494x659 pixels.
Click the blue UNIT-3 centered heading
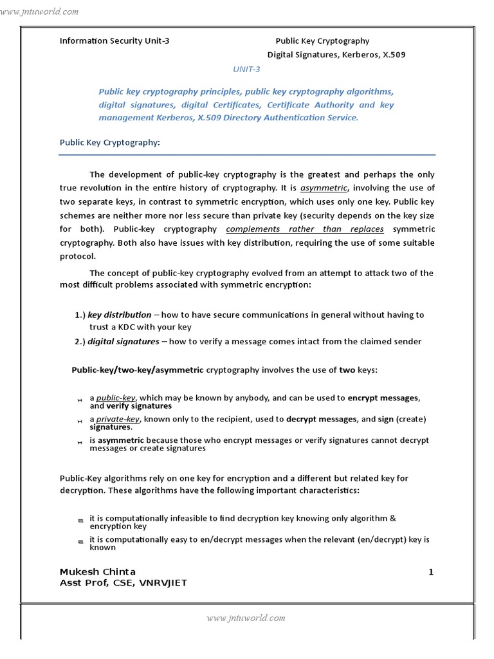pos(246,70)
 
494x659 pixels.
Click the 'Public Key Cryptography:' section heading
pos(109,142)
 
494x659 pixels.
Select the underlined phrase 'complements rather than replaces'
pos(305,229)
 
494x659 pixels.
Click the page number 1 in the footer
pos(431,571)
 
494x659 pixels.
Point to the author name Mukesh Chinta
pos(98,571)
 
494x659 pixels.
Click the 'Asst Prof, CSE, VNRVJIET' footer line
pos(123,583)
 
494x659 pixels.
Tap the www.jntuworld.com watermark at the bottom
pos(246,618)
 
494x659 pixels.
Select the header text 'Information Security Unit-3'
pos(114,41)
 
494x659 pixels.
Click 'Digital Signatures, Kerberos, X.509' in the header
pos(336,55)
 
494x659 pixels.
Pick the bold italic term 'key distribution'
pos(120,315)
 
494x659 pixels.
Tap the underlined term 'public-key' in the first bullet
pos(116,398)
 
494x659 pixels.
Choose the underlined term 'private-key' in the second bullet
pos(118,419)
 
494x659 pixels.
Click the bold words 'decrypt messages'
pos(321,419)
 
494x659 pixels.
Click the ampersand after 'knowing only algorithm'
pos(393,518)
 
